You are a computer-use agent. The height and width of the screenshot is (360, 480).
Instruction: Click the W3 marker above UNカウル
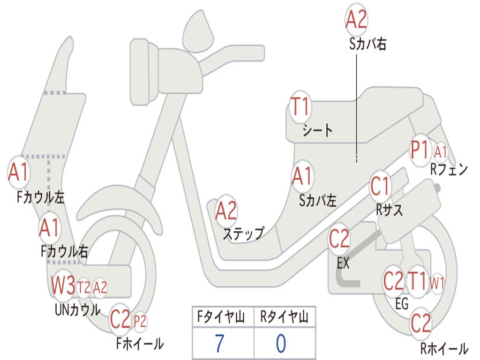(x=63, y=285)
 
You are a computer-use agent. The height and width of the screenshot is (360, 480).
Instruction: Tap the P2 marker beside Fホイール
(x=140, y=321)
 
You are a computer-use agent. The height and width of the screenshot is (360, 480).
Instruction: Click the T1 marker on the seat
(x=300, y=107)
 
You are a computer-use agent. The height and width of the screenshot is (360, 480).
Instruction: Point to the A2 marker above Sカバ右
(x=356, y=20)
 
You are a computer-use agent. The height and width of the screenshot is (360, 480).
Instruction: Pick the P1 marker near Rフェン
(x=420, y=150)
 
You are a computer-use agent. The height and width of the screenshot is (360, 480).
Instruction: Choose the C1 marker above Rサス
(x=380, y=187)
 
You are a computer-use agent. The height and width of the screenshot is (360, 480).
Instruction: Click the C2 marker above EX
(x=339, y=239)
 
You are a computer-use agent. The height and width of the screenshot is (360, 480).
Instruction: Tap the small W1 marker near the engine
(x=437, y=283)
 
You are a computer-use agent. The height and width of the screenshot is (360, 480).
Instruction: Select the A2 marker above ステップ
(x=226, y=211)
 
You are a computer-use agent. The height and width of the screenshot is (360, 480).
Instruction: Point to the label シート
(x=317, y=130)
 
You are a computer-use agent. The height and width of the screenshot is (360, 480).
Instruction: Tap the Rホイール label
(x=444, y=348)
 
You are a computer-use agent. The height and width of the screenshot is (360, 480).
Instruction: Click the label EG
(x=402, y=304)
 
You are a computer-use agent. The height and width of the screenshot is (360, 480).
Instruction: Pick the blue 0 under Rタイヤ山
(x=281, y=344)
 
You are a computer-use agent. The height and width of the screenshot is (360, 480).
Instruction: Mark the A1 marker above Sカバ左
(x=302, y=177)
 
